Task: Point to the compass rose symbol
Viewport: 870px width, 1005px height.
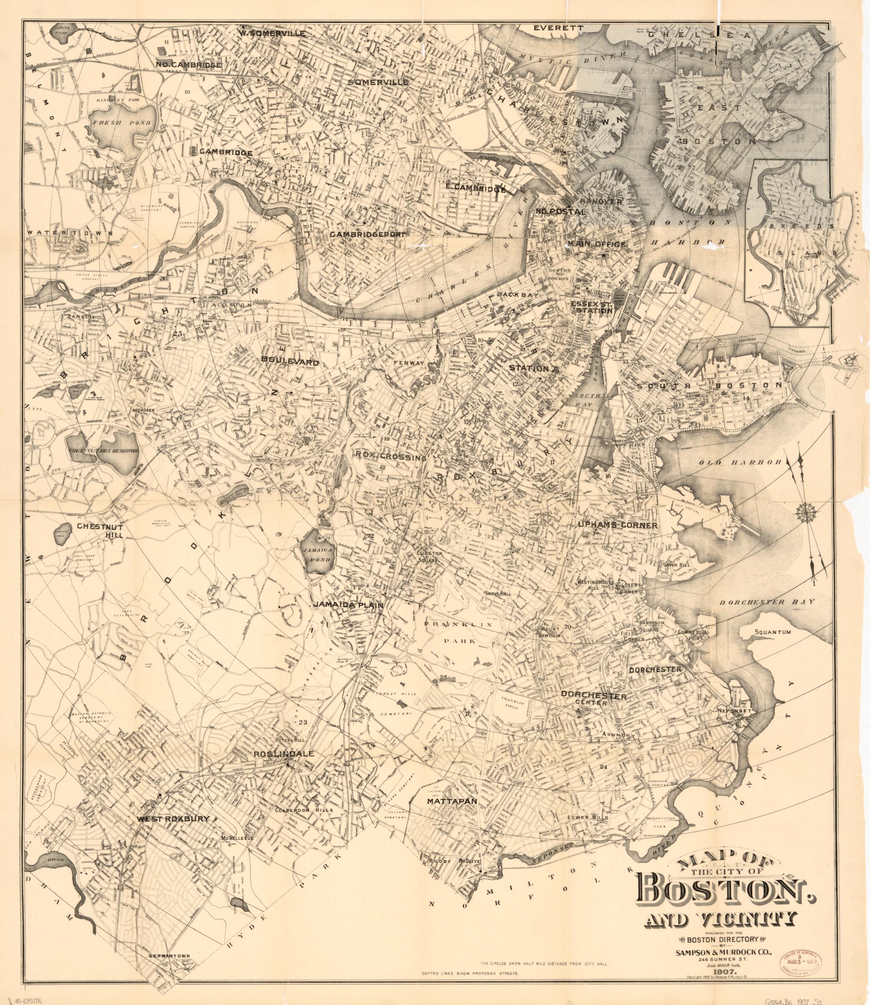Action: [806, 511]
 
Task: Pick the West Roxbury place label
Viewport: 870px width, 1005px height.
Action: [173, 818]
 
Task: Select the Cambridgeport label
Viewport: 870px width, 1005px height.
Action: [367, 234]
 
